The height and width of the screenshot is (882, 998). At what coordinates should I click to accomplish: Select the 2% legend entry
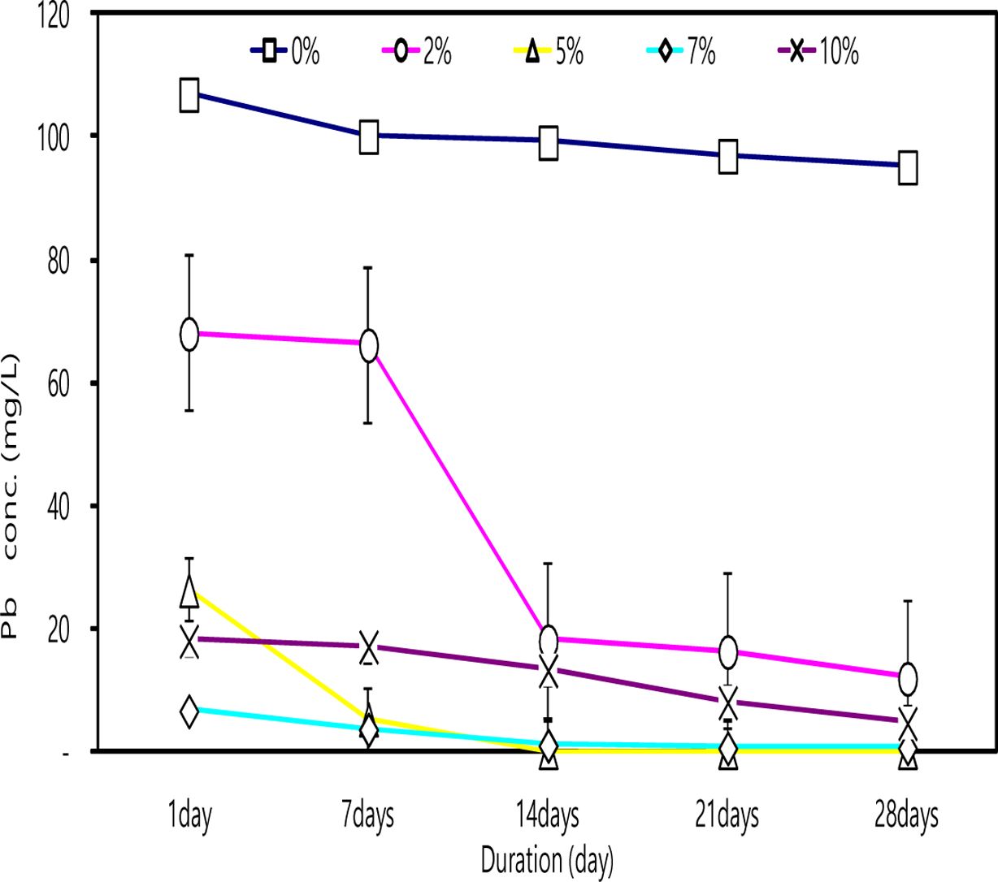pyautogui.click(x=418, y=52)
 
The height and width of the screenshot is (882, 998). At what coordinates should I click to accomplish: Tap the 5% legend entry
pyautogui.click(x=549, y=52)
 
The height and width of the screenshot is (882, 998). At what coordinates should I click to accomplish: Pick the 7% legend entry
pyautogui.click(x=682, y=52)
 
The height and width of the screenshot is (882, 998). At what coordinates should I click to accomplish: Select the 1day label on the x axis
pyautogui.click(x=189, y=815)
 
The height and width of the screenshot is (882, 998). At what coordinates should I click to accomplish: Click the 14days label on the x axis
pyautogui.click(x=549, y=815)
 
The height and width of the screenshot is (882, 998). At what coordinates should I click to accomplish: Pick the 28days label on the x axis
pyautogui.click(x=907, y=815)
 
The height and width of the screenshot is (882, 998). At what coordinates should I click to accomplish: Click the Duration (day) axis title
pyautogui.click(x=547, y=860)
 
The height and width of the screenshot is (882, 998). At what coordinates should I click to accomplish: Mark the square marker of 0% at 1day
pyautogui.click(x=189, y=95)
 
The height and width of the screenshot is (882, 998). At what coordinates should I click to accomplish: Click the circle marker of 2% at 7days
pyautogui.click(x=369, y=346)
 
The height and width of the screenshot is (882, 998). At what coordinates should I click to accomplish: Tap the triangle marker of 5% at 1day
pyautogui.click(x=189, y=591)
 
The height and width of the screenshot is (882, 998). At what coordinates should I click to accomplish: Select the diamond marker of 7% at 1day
pyautogui.click(x=189, y=712)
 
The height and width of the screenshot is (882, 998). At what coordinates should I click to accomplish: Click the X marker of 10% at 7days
pyautogui.click(x=369, y=647)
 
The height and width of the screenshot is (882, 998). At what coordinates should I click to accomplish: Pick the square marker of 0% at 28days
pyautogui.click(x=908, y=167)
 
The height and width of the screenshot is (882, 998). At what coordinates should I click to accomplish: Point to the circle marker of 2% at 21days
pyautogui.click(x=728, y=651)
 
